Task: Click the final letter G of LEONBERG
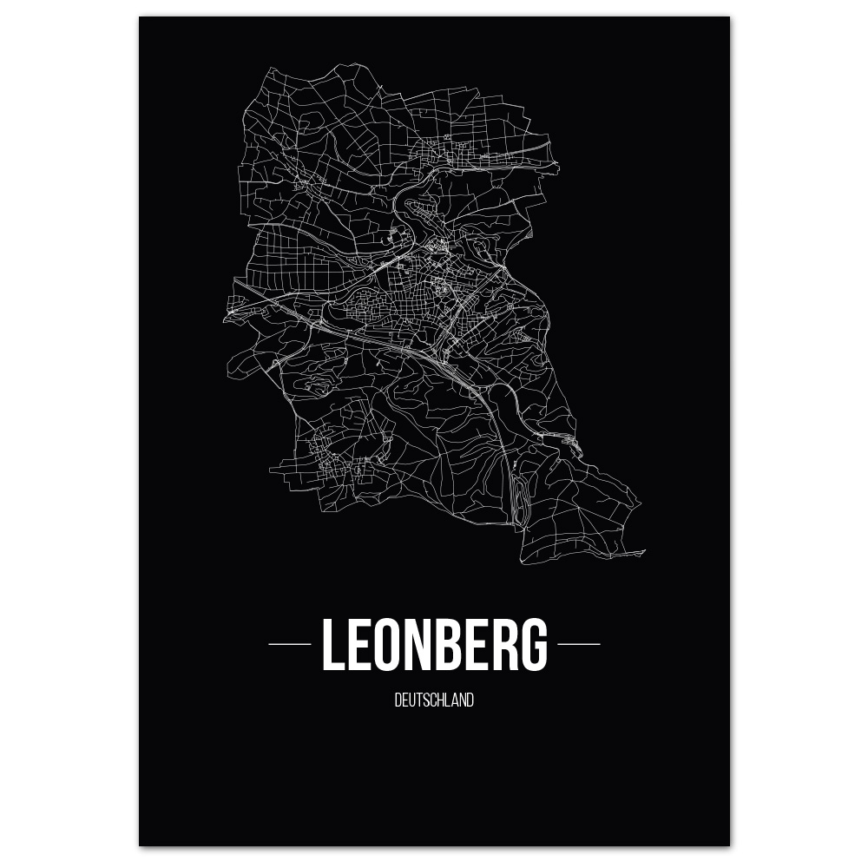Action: [535, 645]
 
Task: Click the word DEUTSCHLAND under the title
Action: [434, 700]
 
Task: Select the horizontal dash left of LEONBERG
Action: [290, 644]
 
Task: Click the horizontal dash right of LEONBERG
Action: [578, 644]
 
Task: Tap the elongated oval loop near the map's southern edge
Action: [519, 499]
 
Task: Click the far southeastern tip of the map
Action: [644, 551]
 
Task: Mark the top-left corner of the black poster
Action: [140, 17]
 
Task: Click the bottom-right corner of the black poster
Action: [729, 845]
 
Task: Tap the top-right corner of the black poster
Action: [729, 17]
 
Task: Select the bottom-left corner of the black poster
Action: [140, 845]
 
